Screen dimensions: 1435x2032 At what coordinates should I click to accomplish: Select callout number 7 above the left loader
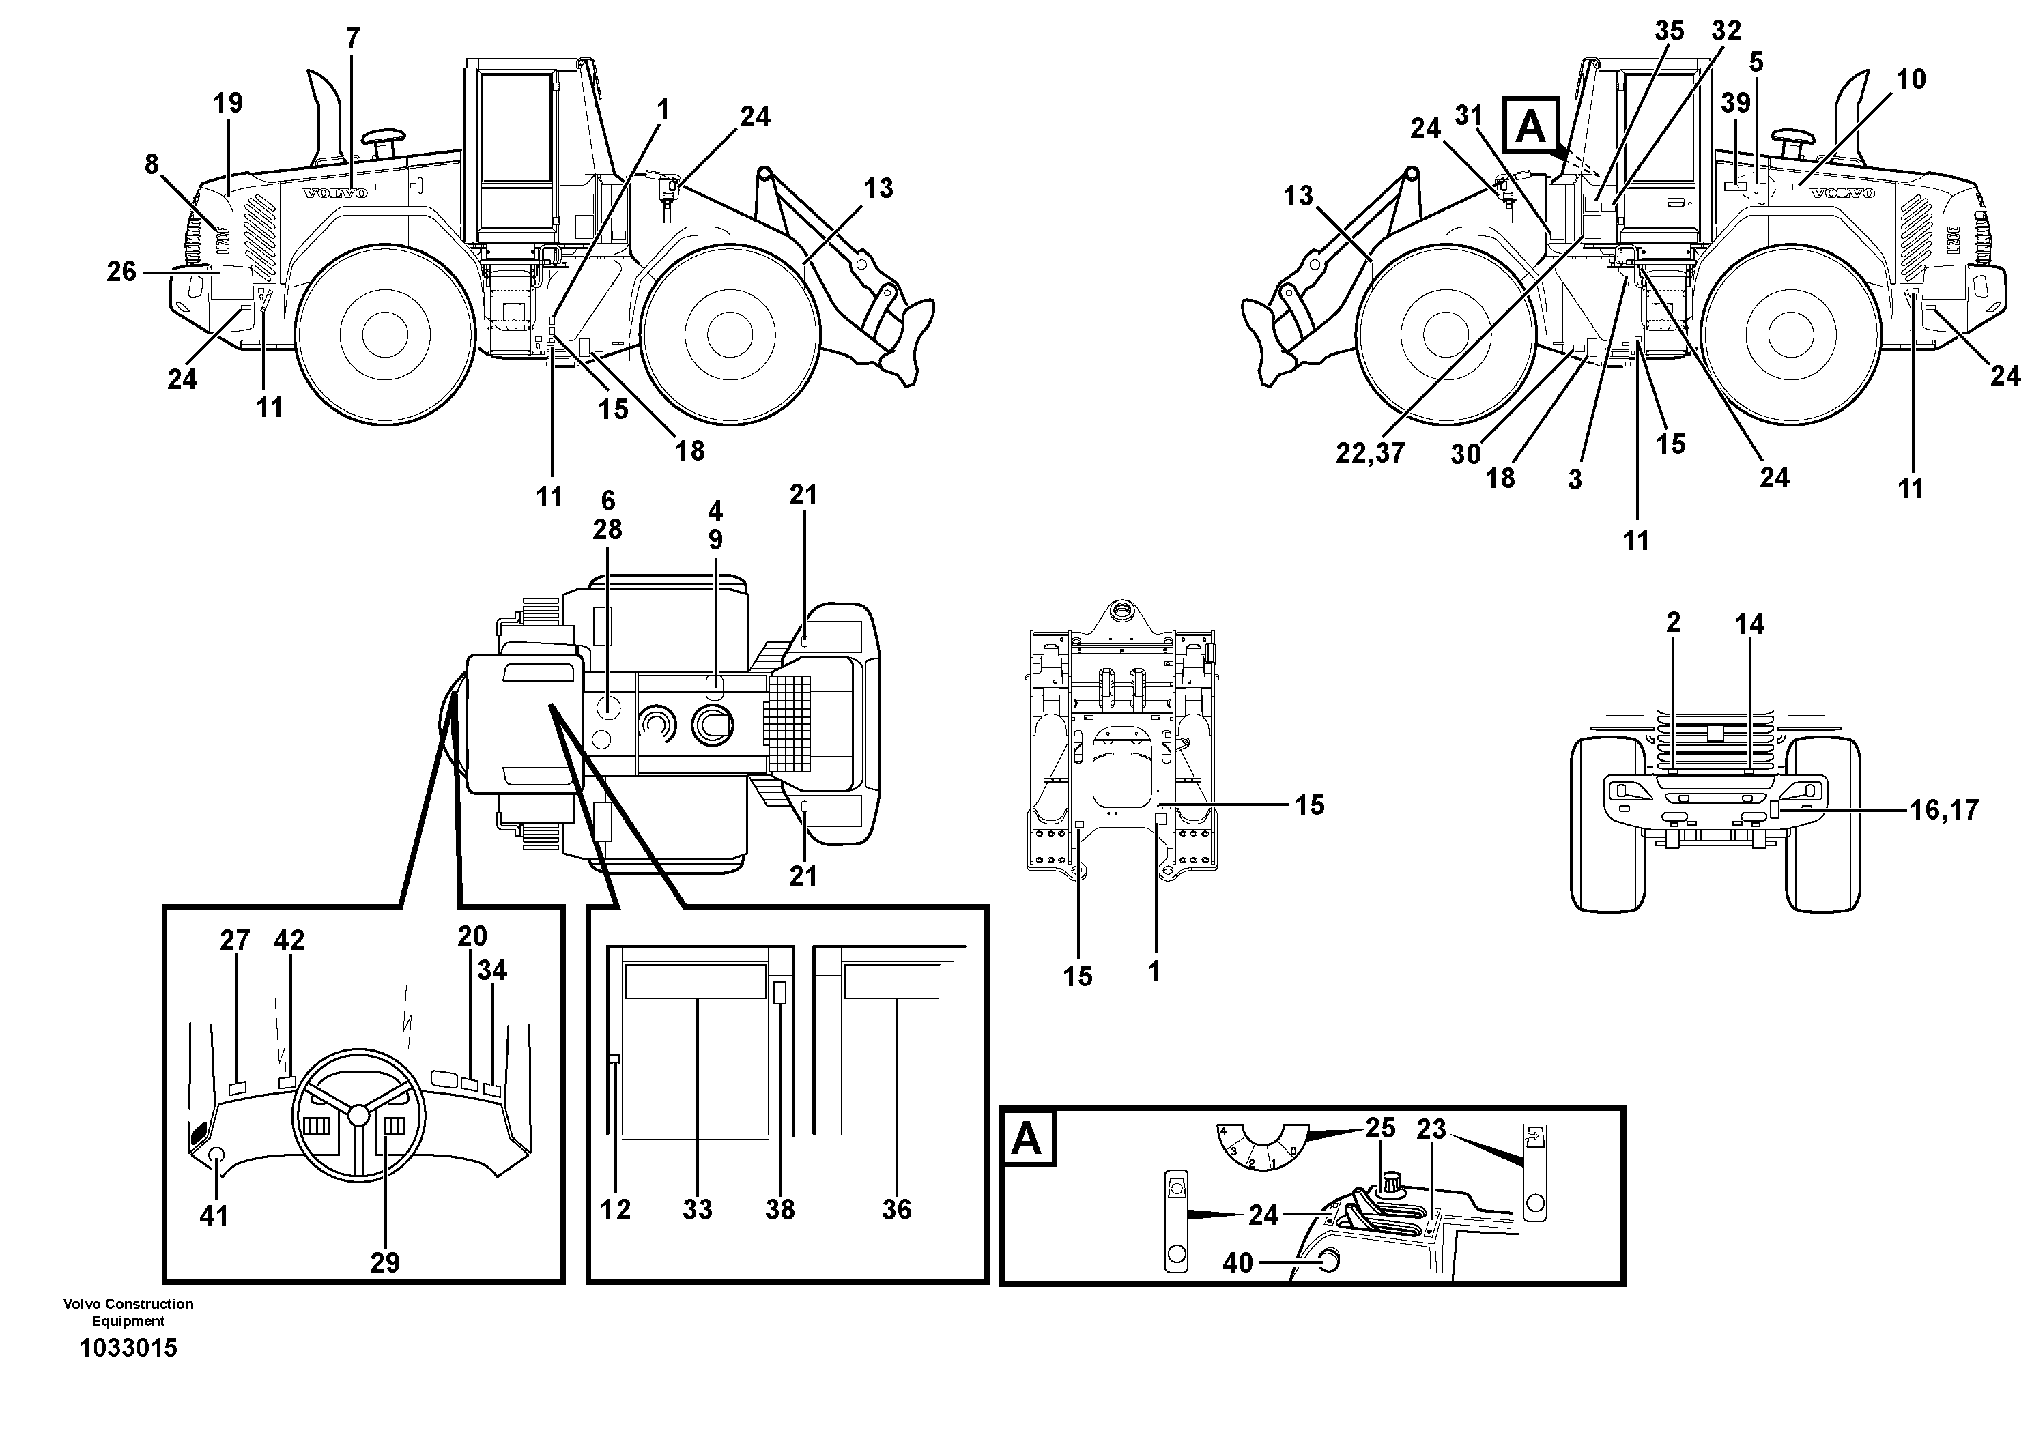tap(353, 39)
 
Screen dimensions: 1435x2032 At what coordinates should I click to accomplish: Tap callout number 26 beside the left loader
tap(121, 272)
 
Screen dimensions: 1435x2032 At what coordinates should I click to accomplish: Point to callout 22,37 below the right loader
tap(1370, 454)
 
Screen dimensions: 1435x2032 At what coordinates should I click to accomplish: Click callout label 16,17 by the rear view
tap(1943, 809)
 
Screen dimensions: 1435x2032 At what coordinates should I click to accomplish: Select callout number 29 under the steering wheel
tap(385, 1262)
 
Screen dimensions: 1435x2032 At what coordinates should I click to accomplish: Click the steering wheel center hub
tap(358, 1116)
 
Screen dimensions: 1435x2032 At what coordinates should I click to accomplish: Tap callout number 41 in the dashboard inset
tap(213, 1217)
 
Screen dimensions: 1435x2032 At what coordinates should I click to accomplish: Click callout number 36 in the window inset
tap(896, 1209)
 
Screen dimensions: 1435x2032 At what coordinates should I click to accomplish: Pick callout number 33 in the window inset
tap(698, 1209)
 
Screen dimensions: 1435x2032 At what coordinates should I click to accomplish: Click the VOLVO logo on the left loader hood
tap(334, 194)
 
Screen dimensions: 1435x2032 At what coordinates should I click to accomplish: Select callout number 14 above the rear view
tap(1749, 624)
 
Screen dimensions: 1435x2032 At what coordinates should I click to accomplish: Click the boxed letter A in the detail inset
tap(1026, 1139)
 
